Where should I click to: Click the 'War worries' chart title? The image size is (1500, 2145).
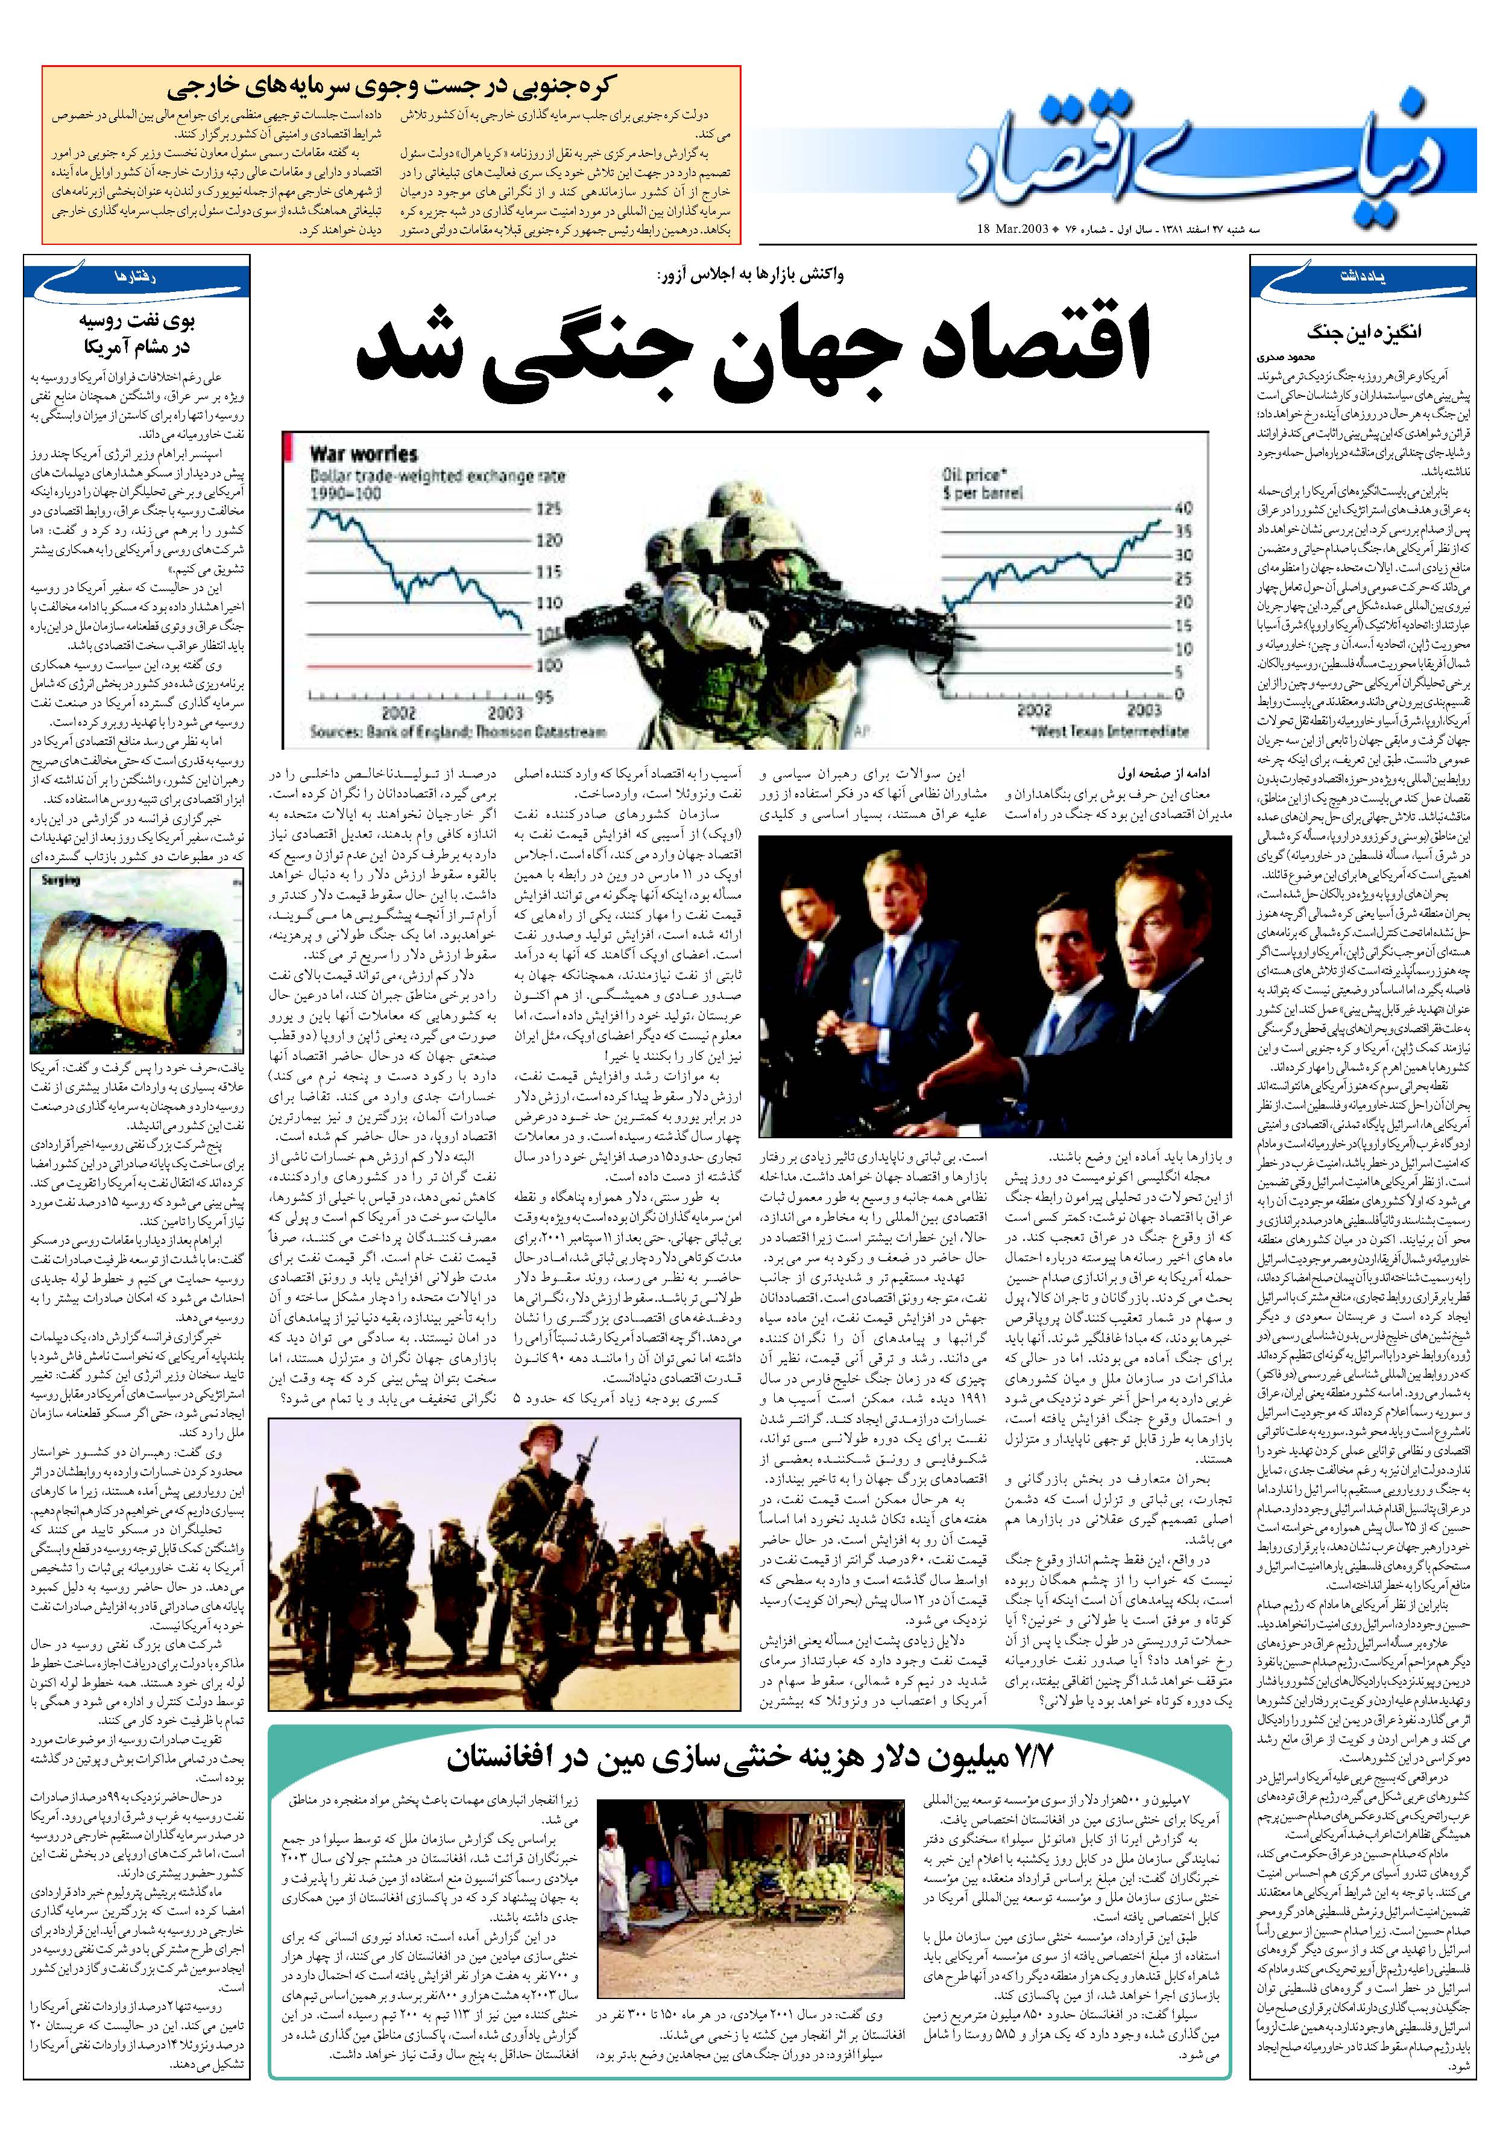pyautogui.click(x=364, y=454)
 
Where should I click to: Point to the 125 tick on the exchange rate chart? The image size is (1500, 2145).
pyautogui.click(x=549, y=509)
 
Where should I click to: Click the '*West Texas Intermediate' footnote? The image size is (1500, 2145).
pyautogui.click(x=1112, y=732)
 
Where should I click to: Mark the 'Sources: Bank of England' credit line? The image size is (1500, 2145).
pyautogui.click(x=458, y=732)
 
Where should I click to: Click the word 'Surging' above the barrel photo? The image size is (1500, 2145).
pyautogui.click(x=61, y=880)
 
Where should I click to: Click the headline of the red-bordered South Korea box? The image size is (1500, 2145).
pyautogui.click(x=392, y=88)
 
